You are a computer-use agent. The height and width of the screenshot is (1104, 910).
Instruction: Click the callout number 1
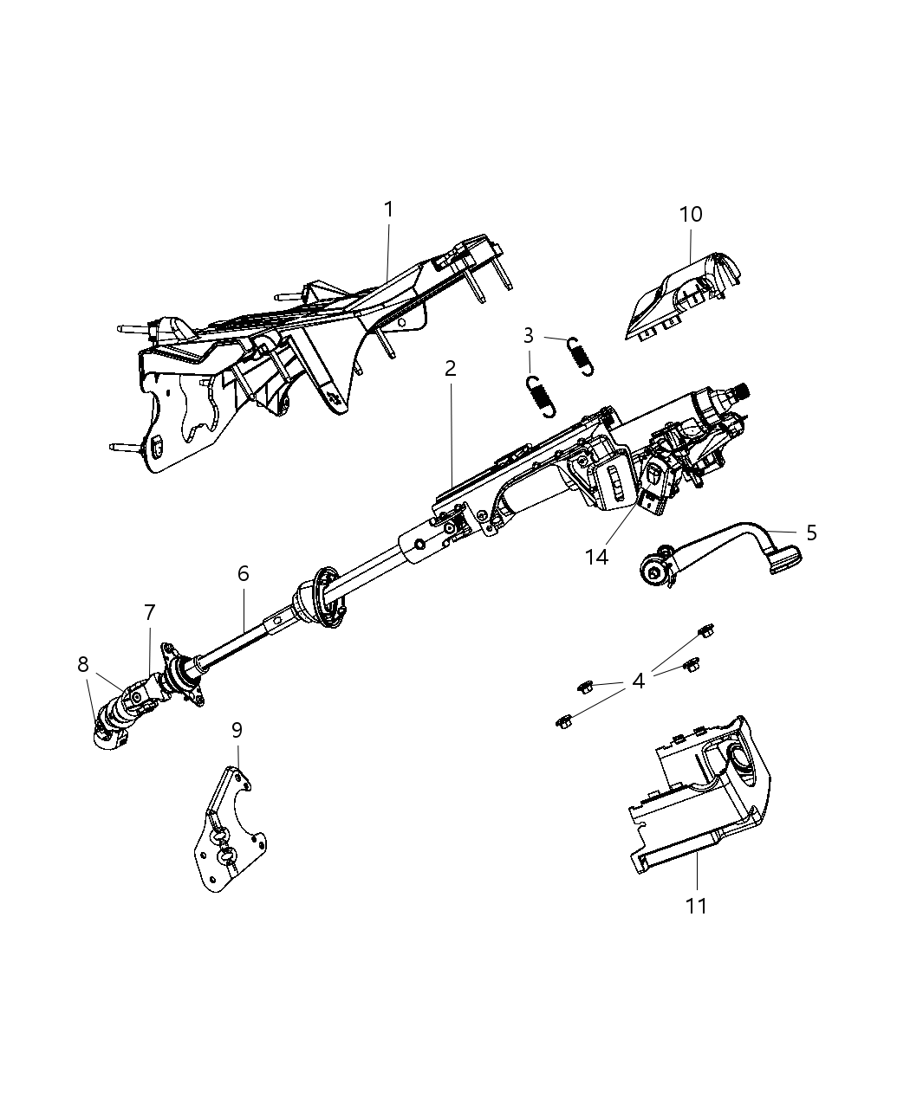pyautogui.click(x=389, y=210)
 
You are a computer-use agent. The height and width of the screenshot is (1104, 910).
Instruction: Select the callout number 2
pyautogui.click(x=450, y=368)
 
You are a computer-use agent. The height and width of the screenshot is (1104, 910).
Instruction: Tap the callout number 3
pyautogui.click(x=529, y=334)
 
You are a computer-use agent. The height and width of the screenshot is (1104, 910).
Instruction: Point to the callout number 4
pyautogui.click(x=639, y=681)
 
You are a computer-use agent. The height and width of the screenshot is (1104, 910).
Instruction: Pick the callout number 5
pyautogui.click(x=811, y=533)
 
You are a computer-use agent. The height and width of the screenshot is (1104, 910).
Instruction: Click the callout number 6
pyautogui.click(x=244, y=572)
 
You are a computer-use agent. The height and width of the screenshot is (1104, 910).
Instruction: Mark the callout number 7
pyautogui.click(x=149, y=613)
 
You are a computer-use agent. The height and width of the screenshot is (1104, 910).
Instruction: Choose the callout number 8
pyautogui.click(x=83, y=665)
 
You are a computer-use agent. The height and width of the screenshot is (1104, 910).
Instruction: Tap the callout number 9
pyautogui.click(x=237, y=730)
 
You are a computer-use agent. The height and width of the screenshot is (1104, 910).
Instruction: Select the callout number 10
pyautogui.click(x=691, y=214)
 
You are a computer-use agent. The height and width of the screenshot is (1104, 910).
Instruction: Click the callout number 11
pyautogui.click(x=697, y=906)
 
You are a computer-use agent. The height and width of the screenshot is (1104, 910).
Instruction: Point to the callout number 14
pyautogui.click(x=596, y=557)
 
